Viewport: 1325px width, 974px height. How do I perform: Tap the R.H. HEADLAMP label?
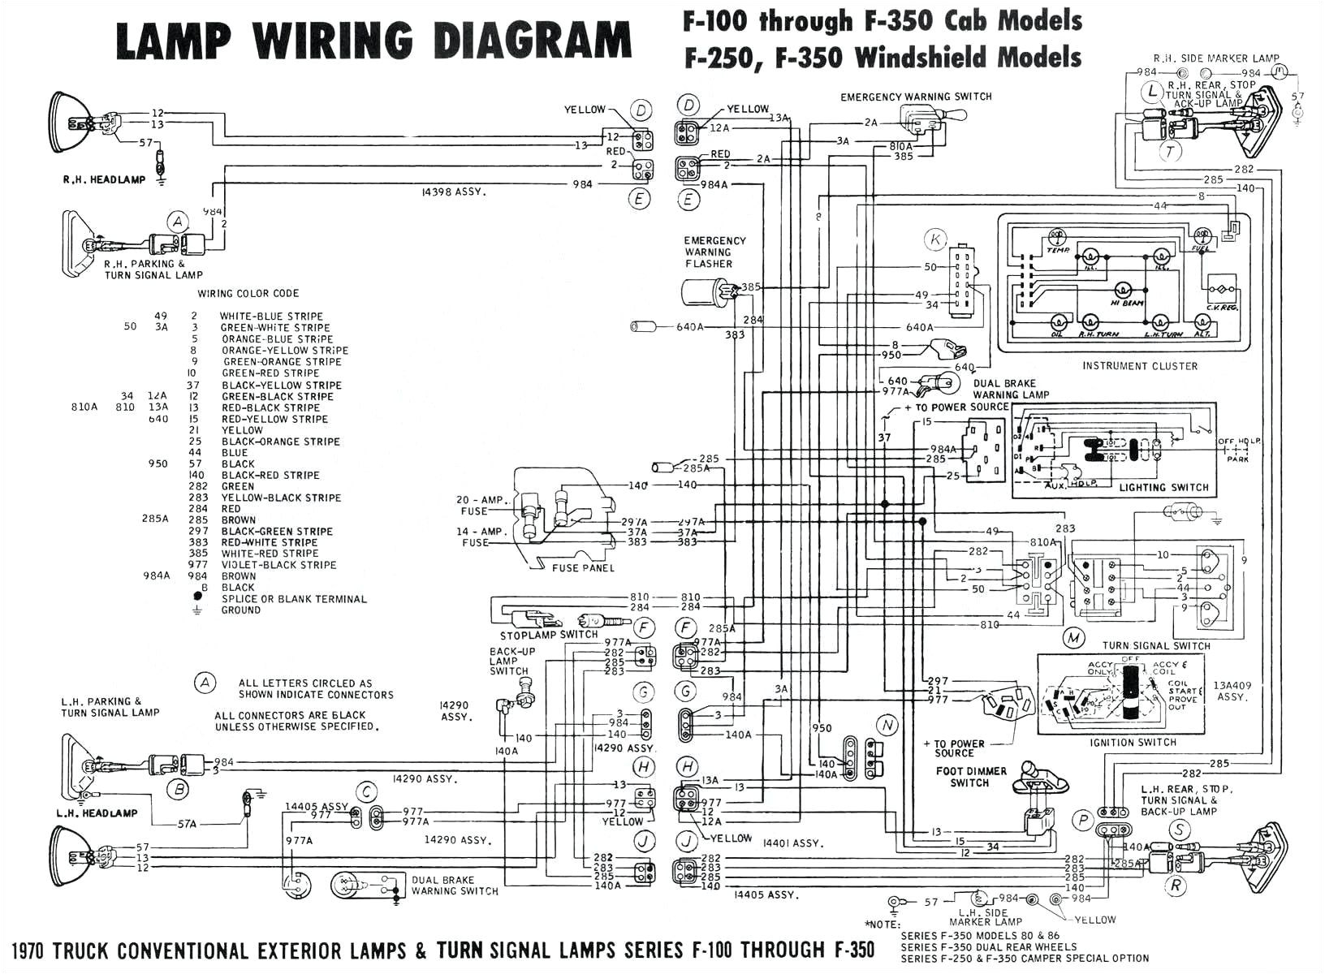pyautogui.click(x=104, y=179)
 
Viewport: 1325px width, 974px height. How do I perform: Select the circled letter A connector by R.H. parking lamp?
pyautogui.click(x=177, y=222)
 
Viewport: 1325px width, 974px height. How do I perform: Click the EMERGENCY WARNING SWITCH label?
pyautogui.click(x=916, y=97)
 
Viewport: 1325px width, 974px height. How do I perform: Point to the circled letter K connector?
pyautogui.click(x=936, y=239)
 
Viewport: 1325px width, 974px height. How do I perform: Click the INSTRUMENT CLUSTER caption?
pyautogui.click(x=1139, y=366)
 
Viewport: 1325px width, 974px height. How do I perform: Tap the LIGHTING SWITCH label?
pyautogui.click(x=1163, y=487)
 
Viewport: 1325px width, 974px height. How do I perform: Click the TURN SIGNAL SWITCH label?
pyautogui.click(x=1156, y=646)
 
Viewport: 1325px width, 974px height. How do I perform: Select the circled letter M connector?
pyautogui.click(x=1074, y=638)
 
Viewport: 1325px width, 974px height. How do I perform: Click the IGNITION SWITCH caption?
pyautogui.click(x=1133, y=743)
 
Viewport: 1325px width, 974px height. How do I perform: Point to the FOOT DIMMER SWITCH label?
pyautogui.click(x=970, y=777)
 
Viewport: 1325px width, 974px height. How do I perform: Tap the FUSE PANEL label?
pyautogui.click(x=583, y=568)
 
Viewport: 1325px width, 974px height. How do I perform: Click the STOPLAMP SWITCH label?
pyautogui.click(x=549, y=635)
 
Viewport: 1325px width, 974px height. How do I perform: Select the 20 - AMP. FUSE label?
pyautogui.click(x=481, y=505)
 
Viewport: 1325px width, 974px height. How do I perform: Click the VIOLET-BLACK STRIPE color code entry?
pyautogui.click(x=278, y=565)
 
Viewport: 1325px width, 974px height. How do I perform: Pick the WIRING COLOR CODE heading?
pyautogui.click(x=248, y=293)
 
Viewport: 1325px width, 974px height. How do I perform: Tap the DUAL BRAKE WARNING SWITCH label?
pyautogui.click(x=455, y=885)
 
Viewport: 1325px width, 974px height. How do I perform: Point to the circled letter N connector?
pyautogui.click(x=887, y=725)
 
